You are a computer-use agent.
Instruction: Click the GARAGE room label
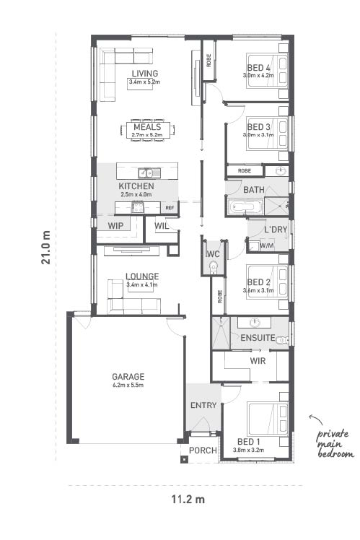coord(128,376)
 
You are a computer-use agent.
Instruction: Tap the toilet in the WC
coord(214,267)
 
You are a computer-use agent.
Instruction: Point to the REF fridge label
coord(170,208)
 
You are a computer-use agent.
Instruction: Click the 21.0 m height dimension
coord(45,248)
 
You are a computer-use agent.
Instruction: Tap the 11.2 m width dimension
coord(188,499)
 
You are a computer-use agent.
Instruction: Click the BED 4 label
coord(258,68)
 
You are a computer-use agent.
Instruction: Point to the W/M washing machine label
coord(267,246)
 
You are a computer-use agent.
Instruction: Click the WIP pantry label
coord(115,226)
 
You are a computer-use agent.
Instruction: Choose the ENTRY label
coord(203,405)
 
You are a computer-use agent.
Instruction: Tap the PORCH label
coord(203,450)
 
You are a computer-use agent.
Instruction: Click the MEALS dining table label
coord(147,127)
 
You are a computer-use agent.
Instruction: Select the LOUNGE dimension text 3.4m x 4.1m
coord(142,285)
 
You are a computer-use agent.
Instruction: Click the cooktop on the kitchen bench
coord(138,208)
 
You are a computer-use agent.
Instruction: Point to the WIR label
coord(258,361)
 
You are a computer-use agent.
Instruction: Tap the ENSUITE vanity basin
coord(255,323)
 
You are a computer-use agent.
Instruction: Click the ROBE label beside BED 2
coord(220,297)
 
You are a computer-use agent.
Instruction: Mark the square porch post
coord(185,459)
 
